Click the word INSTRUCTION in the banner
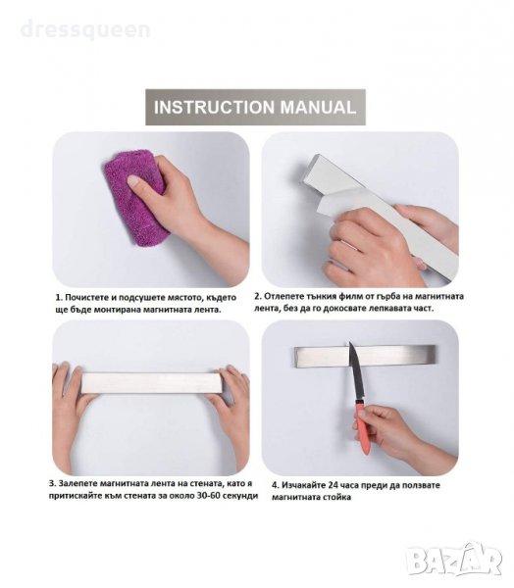point(214,107)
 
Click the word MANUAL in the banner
point(318,107)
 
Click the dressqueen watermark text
point(85,30)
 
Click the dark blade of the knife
point(356,372)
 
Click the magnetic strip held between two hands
point(151,383)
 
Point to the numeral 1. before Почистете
point(59,298)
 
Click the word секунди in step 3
point(242,496)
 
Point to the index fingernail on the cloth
point(132,180)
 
